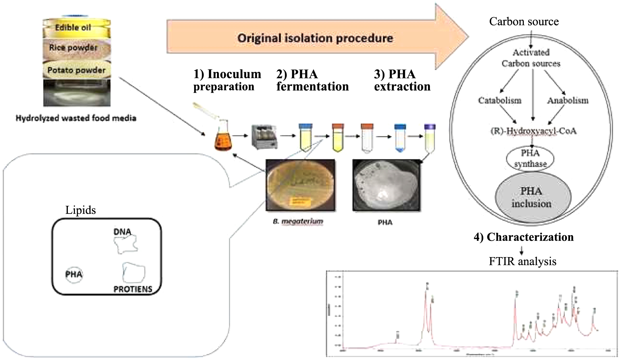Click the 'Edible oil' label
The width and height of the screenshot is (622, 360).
(73, 28)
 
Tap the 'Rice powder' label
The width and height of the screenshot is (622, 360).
(73, 48)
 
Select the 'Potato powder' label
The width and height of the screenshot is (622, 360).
(76, 70)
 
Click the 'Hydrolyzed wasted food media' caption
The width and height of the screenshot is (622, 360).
(76, 118)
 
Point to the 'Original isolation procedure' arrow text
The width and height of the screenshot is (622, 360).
(315, 38)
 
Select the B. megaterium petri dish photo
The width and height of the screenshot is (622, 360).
(300, 185)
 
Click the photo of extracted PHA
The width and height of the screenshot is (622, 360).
(386, 185)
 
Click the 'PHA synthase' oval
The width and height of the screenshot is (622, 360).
(530, 158)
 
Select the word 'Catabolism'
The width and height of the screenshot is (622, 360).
(499, 100)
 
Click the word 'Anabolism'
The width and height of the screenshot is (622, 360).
(568, 100)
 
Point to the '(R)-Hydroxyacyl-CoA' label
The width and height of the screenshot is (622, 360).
(533, 131)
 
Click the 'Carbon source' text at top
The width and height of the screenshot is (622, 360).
(524, 22)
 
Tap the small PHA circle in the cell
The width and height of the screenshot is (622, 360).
(74, 274)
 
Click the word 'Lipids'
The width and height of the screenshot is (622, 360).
(80, 210)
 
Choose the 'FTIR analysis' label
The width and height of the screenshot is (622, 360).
(522, 261)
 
